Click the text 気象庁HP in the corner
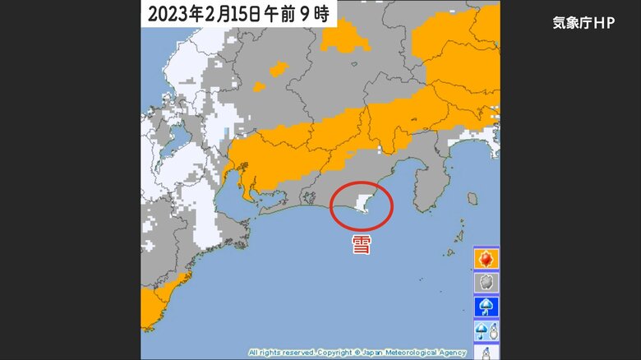(583, 23)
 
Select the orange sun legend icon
(486, 260)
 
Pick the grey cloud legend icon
(486, 284)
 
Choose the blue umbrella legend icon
(486, 307)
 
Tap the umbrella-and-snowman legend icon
(486, 331)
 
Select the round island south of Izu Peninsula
(473, 198)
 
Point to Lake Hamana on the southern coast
(308, 196)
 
